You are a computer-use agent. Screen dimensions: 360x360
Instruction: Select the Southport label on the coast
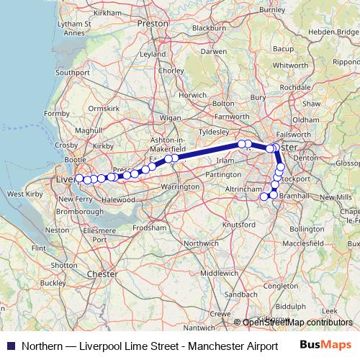click(73, 73)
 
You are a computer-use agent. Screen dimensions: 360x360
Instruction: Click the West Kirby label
click(22, 194)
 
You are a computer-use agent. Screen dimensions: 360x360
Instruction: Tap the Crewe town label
click(220, 314)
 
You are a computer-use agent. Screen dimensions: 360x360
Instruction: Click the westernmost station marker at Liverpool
click(79, 179)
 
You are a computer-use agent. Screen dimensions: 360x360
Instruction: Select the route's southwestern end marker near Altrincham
click(264, 196)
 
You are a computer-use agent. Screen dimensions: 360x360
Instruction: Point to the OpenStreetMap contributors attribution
click(297, 323)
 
